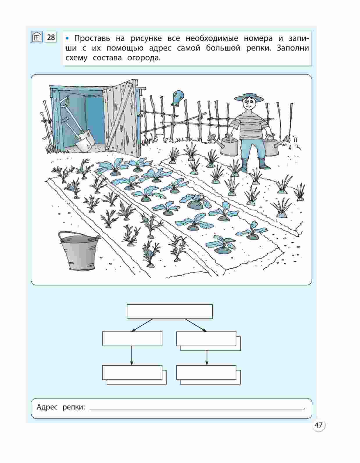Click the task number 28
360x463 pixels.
[x=51, y=37]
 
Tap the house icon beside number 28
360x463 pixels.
[x=37, y=37]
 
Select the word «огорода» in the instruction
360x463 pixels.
[x=144, y=58]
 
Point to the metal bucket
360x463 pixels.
[x=78, y=251]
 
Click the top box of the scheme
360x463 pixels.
[x=170, y=312]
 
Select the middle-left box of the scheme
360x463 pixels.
[x=132, y=339]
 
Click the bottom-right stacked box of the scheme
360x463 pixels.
[x=208, y=375]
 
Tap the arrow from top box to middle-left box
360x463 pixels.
[x=142, y=325]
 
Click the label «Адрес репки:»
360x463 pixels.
[x=61, y=407]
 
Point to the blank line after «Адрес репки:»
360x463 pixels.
[x=197, y=410]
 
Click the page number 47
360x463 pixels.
[x=318, y=425]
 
